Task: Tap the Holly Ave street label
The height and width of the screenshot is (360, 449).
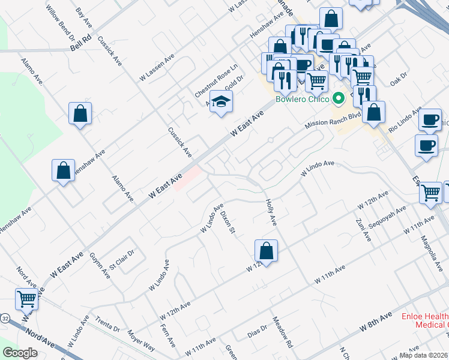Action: (270, 212)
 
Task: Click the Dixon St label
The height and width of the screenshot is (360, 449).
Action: (228, 223)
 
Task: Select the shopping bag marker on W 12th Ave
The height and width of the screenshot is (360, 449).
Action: (266, 250)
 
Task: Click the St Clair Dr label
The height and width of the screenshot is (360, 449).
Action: (120, 257)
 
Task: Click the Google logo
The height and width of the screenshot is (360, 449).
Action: (20, 353)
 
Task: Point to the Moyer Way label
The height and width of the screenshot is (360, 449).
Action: (141, 340)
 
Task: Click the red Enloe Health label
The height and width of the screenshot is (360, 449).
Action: (426, 316)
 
